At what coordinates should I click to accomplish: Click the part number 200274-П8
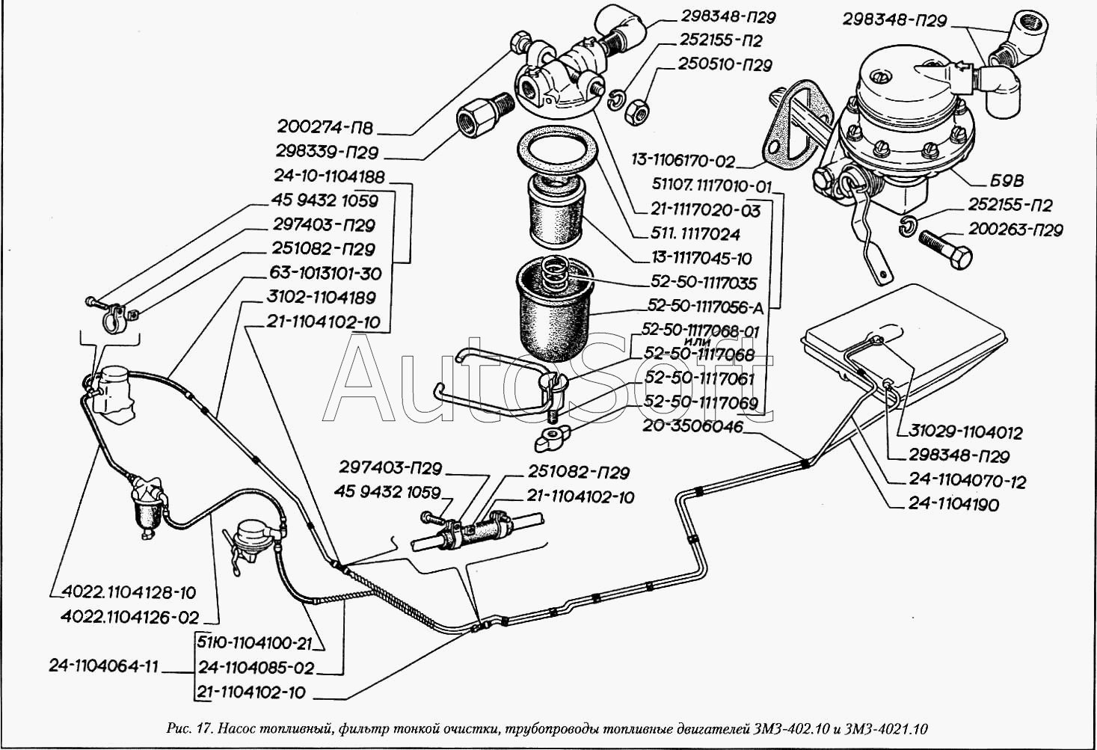[x=325, y=127]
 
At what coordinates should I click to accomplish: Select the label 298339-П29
[x=328, y=152]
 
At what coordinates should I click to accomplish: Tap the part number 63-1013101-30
[x=326, y=273]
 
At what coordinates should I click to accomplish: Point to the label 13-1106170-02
[x=683, y=161]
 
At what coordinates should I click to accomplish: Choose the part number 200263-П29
[x=1015, y=230]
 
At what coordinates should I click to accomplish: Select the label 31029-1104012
[x=965, y=431]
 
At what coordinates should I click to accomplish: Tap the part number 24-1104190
[x=953, y=504]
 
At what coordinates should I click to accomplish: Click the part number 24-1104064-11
[x=104, y=666]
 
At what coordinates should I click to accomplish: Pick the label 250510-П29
[x=725, y=64]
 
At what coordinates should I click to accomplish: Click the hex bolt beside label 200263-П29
[x=945, y=247]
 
